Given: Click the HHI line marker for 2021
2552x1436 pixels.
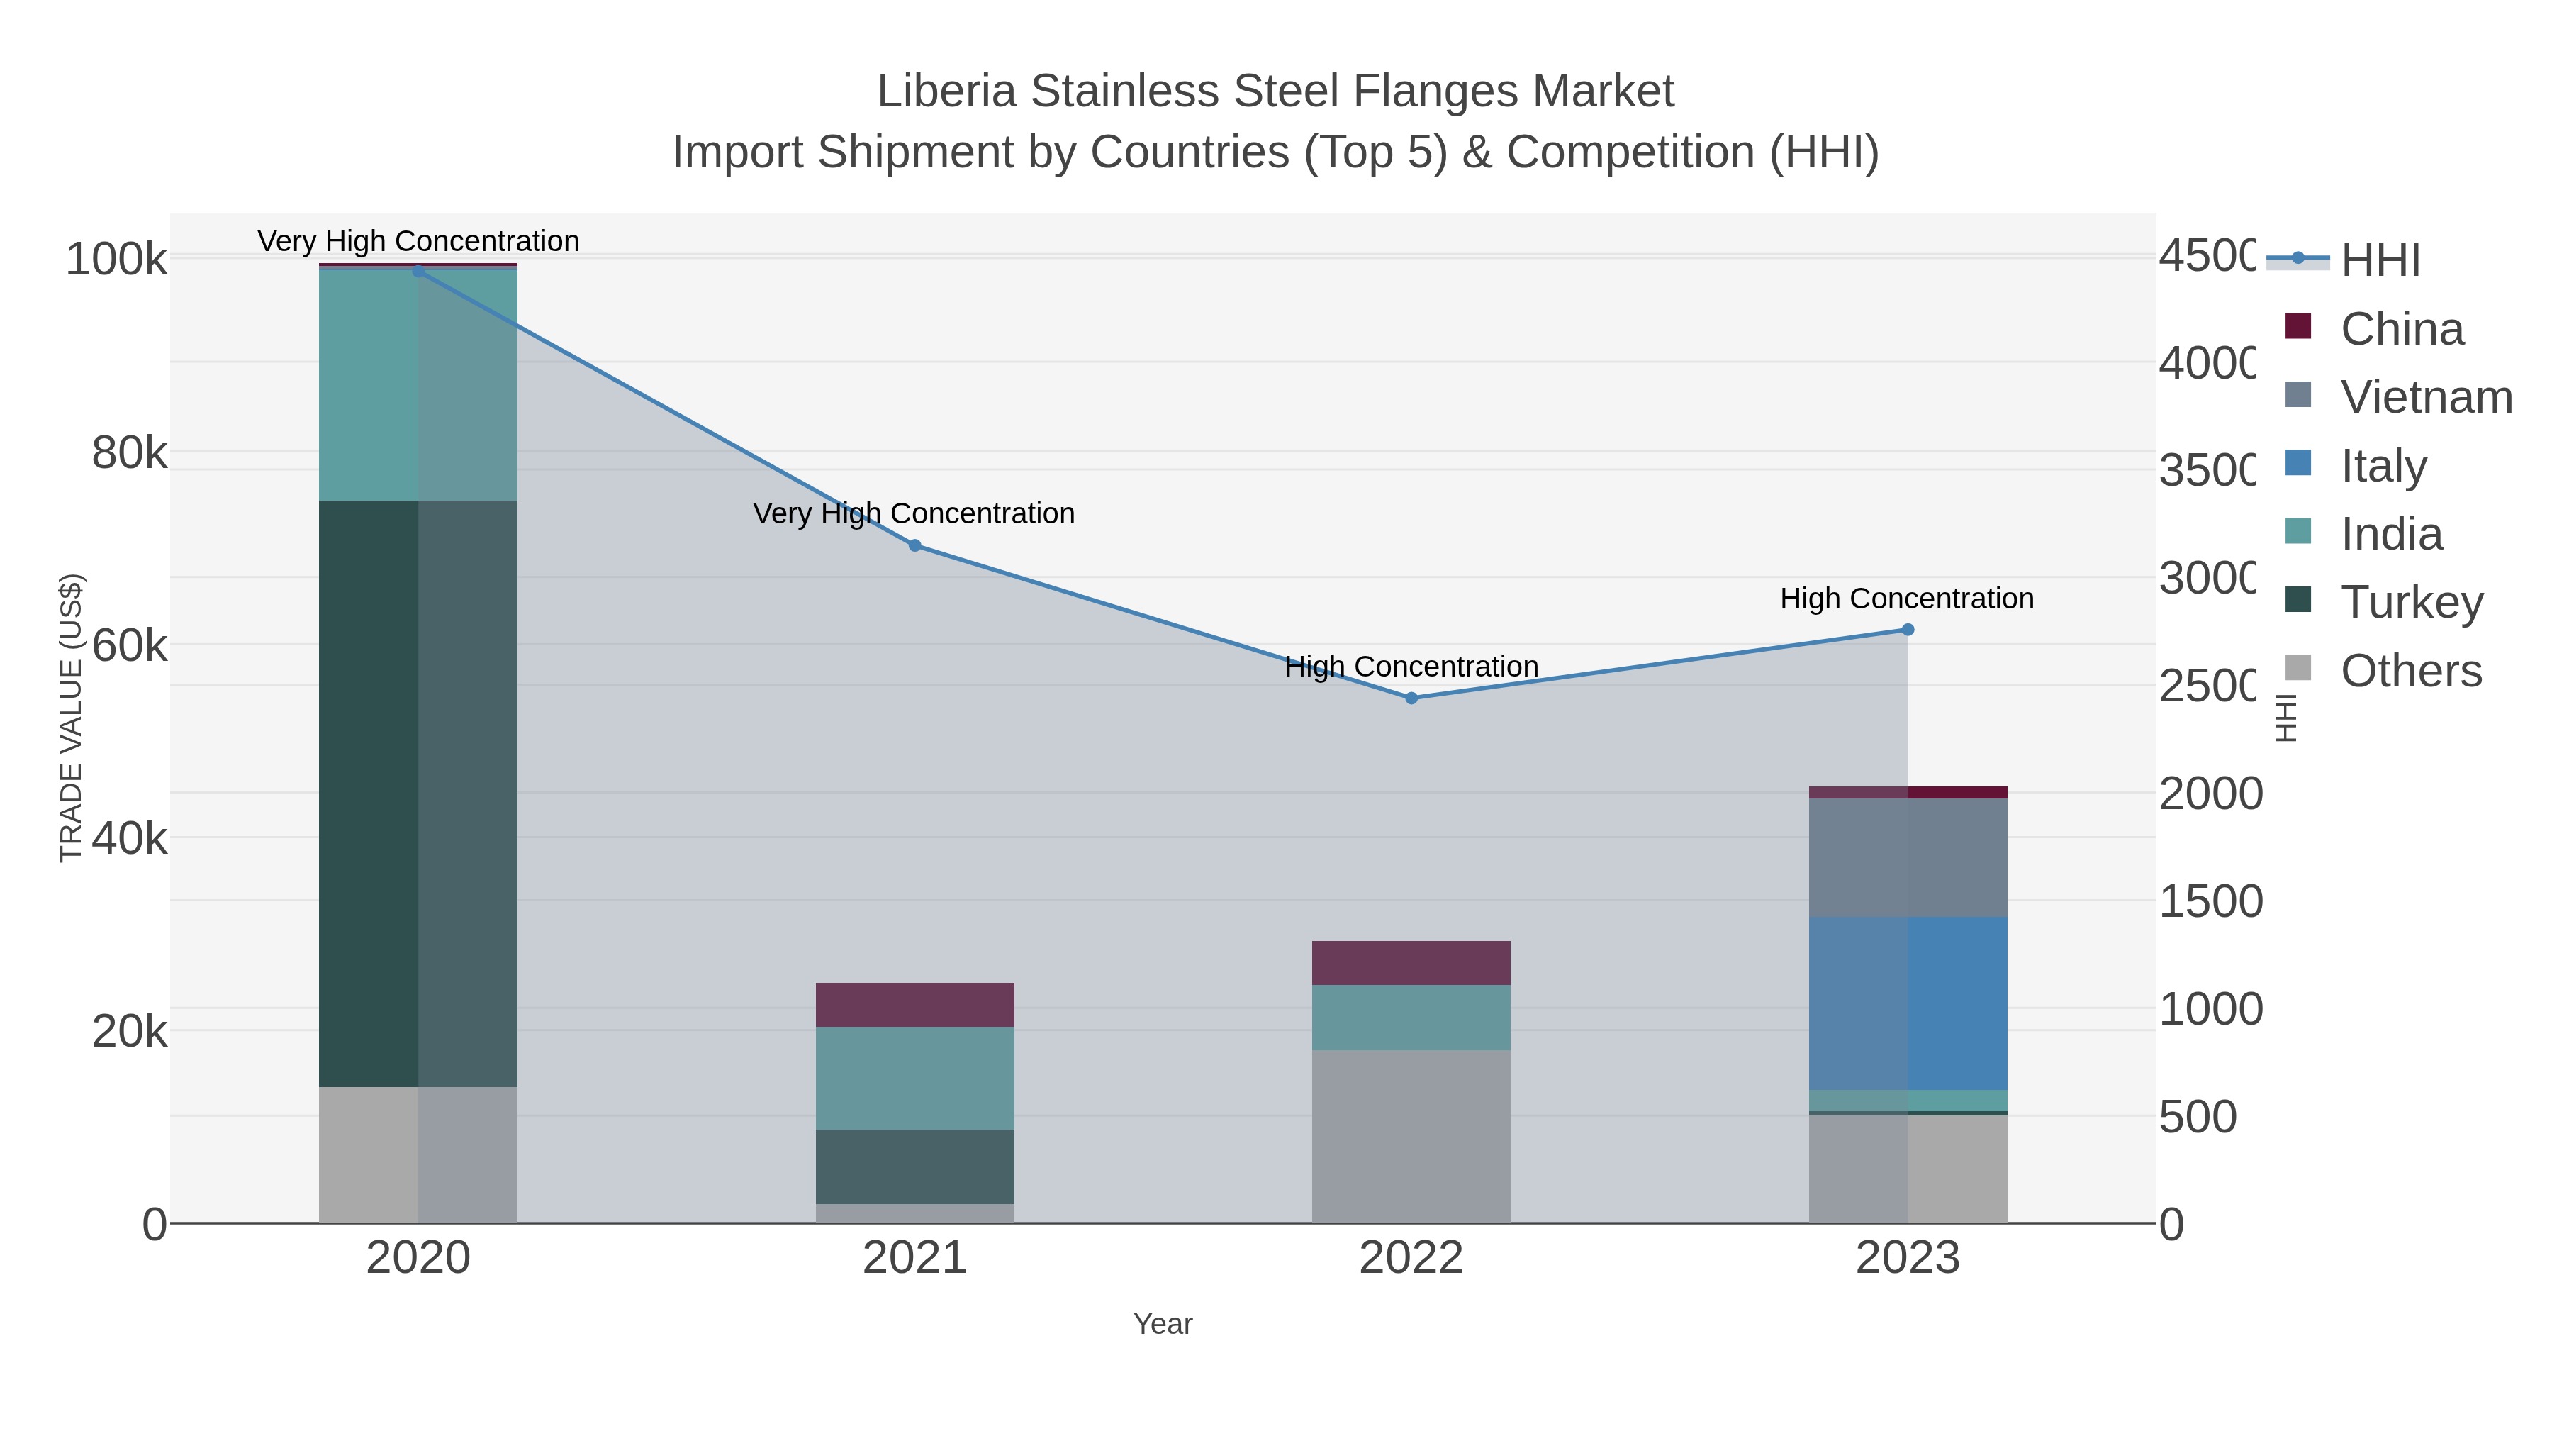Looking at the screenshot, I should [914, 545].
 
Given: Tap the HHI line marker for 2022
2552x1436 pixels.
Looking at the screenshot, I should [1411, 698].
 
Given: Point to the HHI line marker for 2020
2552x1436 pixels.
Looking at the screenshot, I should [418, 271].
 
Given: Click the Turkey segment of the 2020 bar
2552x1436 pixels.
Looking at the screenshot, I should [418, 793].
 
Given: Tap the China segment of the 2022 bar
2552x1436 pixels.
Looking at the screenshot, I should [1411, 962].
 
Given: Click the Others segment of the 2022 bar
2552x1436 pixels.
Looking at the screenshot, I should [1411, 1136].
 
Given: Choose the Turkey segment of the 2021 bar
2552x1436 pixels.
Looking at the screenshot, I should [914, 1167].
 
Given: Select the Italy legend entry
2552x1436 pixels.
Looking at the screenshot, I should [2383, 464].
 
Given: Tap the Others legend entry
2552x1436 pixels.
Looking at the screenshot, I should [2410, 671].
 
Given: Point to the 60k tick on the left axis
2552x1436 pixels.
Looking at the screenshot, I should [130, 646].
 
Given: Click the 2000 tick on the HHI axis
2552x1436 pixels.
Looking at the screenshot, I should [2209, 794].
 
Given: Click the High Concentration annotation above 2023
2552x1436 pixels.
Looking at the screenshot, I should [1906, 599].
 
